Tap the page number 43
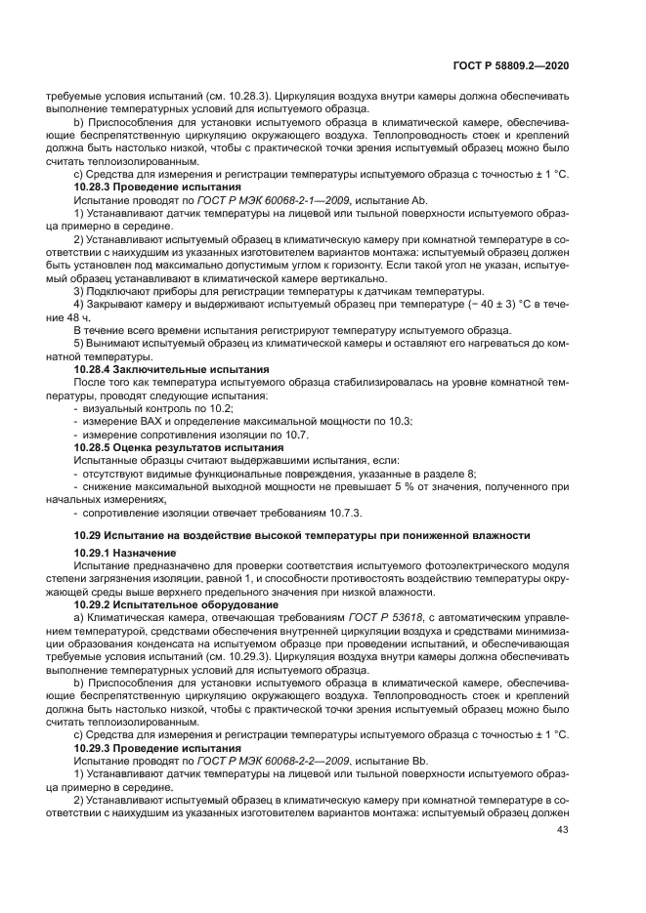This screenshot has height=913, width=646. click(562, 830)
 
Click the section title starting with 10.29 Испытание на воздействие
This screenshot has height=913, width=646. click(302, 535)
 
